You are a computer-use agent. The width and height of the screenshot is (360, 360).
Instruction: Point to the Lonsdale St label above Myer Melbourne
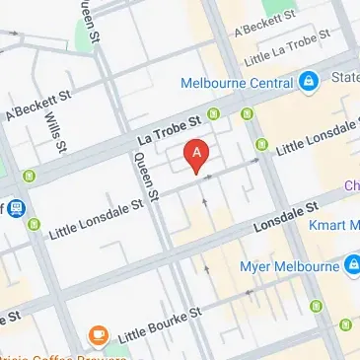(288, 217)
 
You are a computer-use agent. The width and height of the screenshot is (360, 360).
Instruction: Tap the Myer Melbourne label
(287, 266)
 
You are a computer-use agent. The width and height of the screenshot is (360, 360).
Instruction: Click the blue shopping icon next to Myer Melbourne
(352, 264)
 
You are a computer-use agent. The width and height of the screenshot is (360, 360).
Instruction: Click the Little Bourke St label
(160, 324)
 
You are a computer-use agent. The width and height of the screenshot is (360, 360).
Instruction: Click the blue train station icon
(18, 208)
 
